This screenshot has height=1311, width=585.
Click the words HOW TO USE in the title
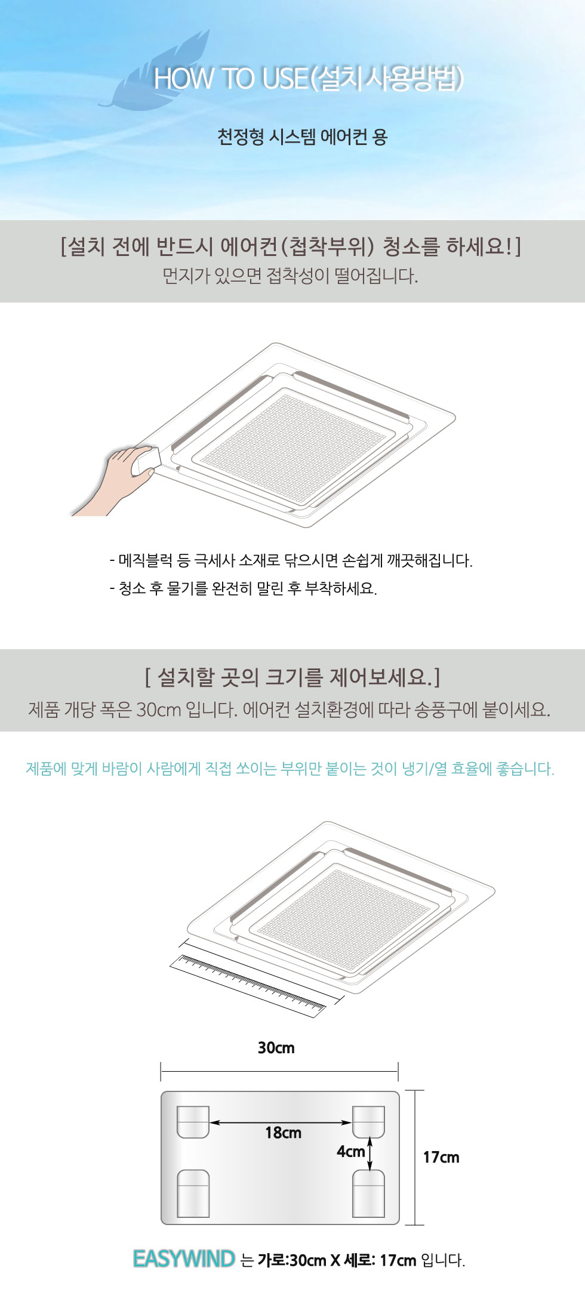pyautogui.click(x=231, y=79)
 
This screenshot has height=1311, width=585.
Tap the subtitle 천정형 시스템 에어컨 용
pyautogui.click(x=302, y=137)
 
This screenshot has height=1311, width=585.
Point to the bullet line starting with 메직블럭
pyautogui.click(x=291, y=560)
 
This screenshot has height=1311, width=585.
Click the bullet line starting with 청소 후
pyautogui.click(x=243, y=588)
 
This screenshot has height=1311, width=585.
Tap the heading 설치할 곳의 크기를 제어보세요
pyautogui.click(x=292, y=677)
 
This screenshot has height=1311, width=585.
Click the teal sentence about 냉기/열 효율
pyautogui.click(x=290, y=769)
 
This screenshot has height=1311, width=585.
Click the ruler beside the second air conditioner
pyautogui.click(x=248, y=985)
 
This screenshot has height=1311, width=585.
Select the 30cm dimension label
pyautogui.click(x=276, y=1048)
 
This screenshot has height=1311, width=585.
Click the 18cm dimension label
pyautogui.click(x=283, y=1133)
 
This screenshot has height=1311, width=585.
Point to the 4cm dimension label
pyautogui.click(x=350, y=1151)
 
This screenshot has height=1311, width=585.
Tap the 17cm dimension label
pyautogui.click(x=441, y=1158)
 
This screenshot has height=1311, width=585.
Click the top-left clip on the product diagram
pyautogui.click(x=193, y=1122)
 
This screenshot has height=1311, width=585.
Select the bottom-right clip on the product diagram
pyautogui.click(x=368, y=1193)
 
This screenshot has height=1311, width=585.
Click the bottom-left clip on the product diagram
pyautogui.click(x=193, y=1193)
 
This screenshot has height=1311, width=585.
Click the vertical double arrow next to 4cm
pyautogui.click(x=370, y=1153)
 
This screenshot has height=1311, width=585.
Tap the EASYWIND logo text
pyautogui.click(x=184, y=1259)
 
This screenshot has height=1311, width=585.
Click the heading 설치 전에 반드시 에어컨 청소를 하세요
pyautogui.click(x=291, y=246)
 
